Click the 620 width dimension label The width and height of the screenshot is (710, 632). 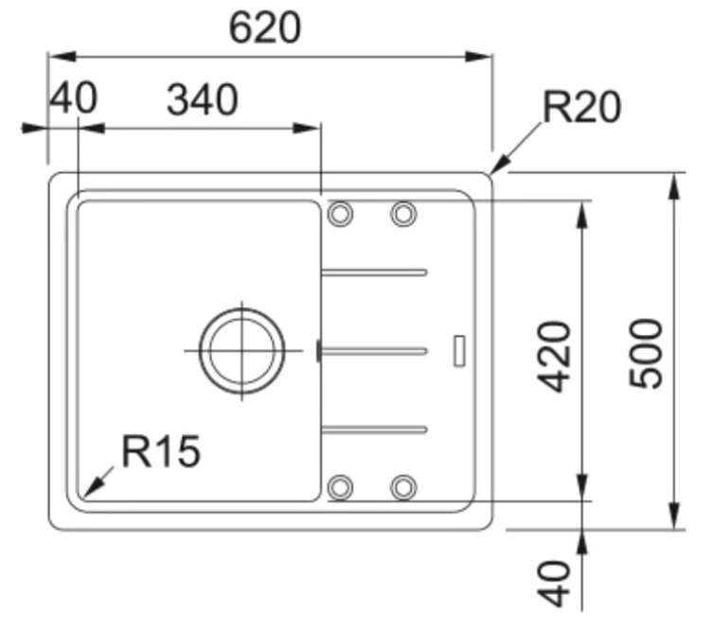click(x=265, y=28)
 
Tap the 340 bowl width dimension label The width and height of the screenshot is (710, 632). click(x=203, y=99)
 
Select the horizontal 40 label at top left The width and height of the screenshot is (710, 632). click(x=73, y=97)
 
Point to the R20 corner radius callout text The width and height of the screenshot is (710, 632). click(x=582, y=107)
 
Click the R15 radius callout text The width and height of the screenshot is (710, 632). click(x=161, y=451)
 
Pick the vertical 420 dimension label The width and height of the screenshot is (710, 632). click(x=554, y=356)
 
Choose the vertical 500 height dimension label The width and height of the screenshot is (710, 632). click(x=647, y=353)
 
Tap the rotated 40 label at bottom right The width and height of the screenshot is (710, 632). click(x=554, y=584)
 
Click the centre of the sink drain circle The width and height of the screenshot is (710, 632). click(x=241, y=351)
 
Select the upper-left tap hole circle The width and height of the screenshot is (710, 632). click(x=340, y=213)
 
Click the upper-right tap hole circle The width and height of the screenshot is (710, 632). click(x=403, y=213)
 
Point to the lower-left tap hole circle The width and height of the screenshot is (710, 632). click(x=340, y=487)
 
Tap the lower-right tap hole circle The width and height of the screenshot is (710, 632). click(x=403, y=487)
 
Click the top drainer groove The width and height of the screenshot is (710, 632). click(x=374, y=272)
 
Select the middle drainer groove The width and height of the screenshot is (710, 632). click(x=374, y=351)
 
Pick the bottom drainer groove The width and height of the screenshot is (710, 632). click(x=374, y=430)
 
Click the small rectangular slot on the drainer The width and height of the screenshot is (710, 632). click(x=459, y=351)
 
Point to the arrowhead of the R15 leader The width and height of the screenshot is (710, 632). click(x=92, y=489)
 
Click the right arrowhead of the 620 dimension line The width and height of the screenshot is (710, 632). click(x=479, y=57)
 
